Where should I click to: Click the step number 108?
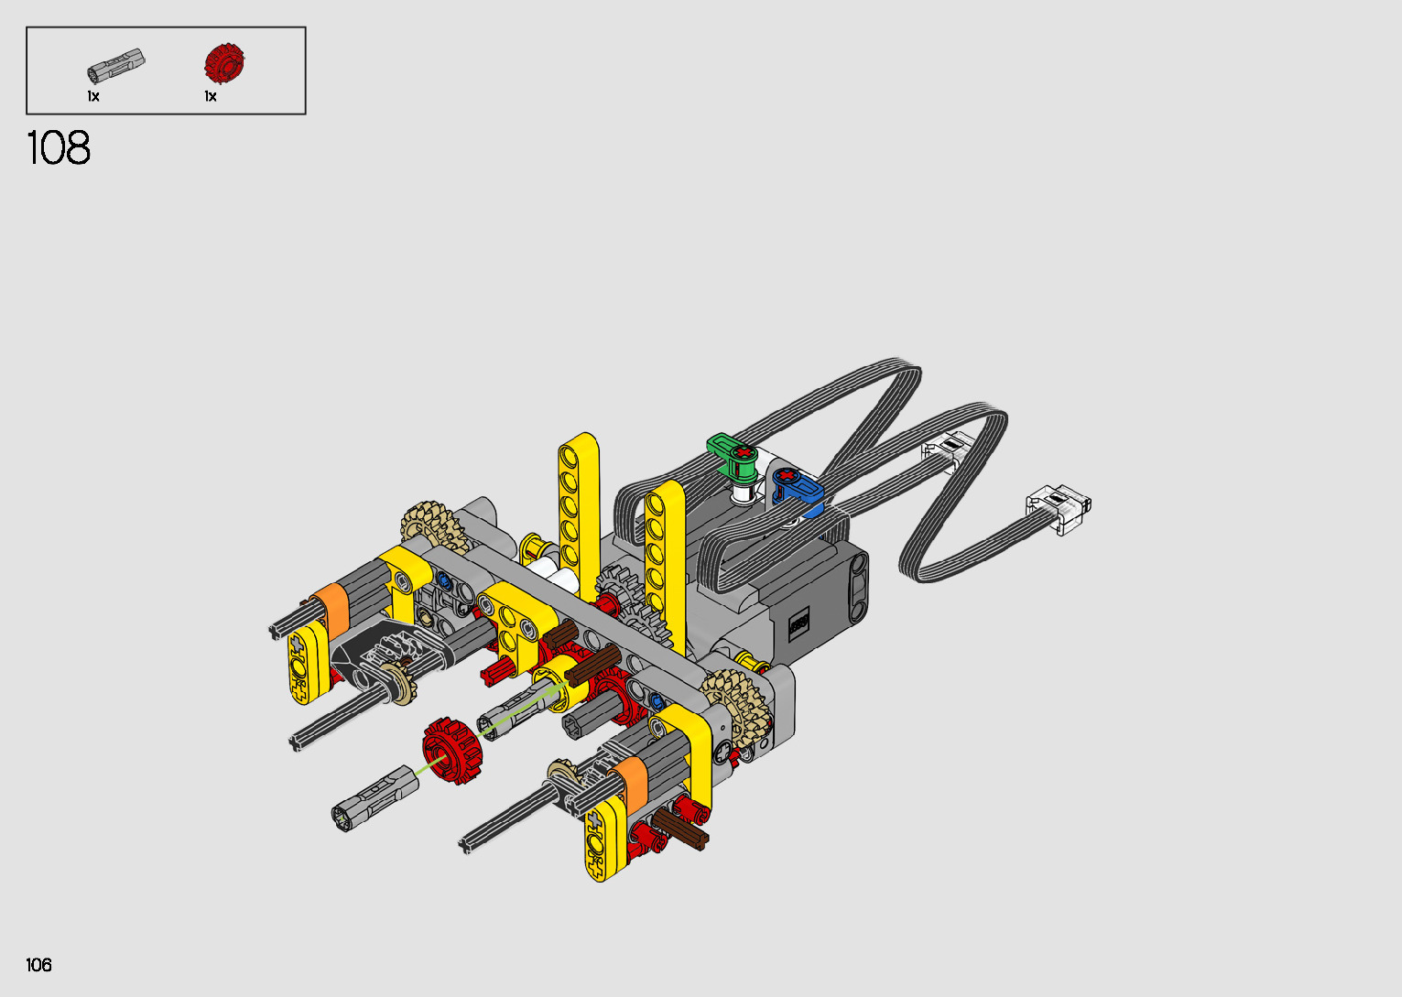pos(59,148)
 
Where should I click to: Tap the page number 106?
pos(38,964)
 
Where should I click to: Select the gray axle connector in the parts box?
pos(115,65)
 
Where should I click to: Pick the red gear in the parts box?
pos(224,62)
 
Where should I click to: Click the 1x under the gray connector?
pos(93,96)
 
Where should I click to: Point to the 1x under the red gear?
pos(211,96)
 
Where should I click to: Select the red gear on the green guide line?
pos(451,750)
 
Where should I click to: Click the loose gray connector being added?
pos(375,798)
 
